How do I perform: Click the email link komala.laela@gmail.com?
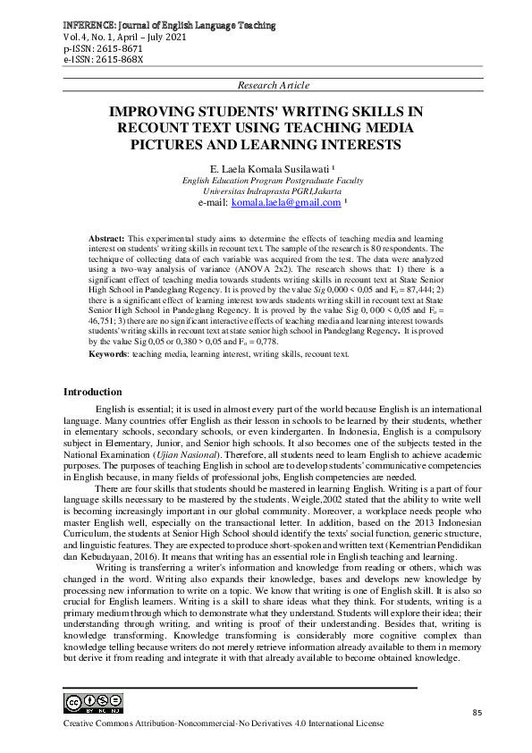[286, 203]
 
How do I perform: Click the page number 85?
[476, 712]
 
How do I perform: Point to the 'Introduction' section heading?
[92, 392]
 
